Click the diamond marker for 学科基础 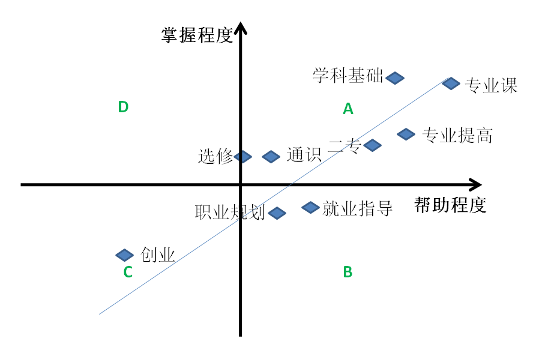[x=395, y=77]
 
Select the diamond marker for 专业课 [x=451, y=83]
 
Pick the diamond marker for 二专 [x=372, y=145]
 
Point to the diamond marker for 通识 [x=271, y=157]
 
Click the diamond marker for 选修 [x=242, y=157]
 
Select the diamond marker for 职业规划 [x=277, y=213]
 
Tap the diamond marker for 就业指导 [x=310, y=208]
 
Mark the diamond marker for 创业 [x=124, y=255]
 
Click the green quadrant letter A [x=348, y=109]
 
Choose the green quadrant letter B [x=348, y=272]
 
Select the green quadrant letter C [x=128, y=273]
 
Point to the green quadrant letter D [x=123, y=107]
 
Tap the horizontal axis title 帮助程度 [x=450, y=205]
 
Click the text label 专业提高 [x=457, y=136]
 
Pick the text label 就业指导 [x=357, y=208]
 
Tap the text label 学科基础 [x=348, y=76]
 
